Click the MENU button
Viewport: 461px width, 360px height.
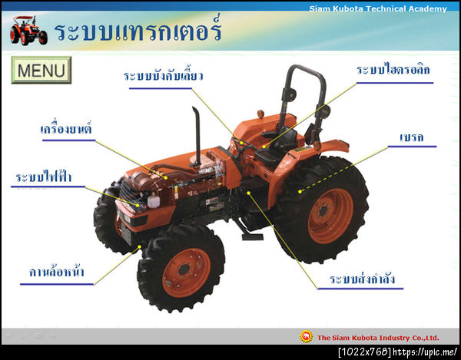coord(41,71)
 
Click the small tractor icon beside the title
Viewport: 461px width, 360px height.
coord(28,30)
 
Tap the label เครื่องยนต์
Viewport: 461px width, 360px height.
coord(66,128)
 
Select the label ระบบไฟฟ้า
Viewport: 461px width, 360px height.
coord(43,178)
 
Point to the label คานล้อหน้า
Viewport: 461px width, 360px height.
coord(57,272)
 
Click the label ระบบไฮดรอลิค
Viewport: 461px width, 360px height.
coord(393,70)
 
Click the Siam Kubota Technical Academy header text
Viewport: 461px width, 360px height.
coord(377,8)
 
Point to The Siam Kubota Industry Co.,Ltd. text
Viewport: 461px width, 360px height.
coord(377,337)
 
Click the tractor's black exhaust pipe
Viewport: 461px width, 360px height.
coord(197,134)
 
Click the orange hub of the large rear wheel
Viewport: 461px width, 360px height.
coord(330,216)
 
